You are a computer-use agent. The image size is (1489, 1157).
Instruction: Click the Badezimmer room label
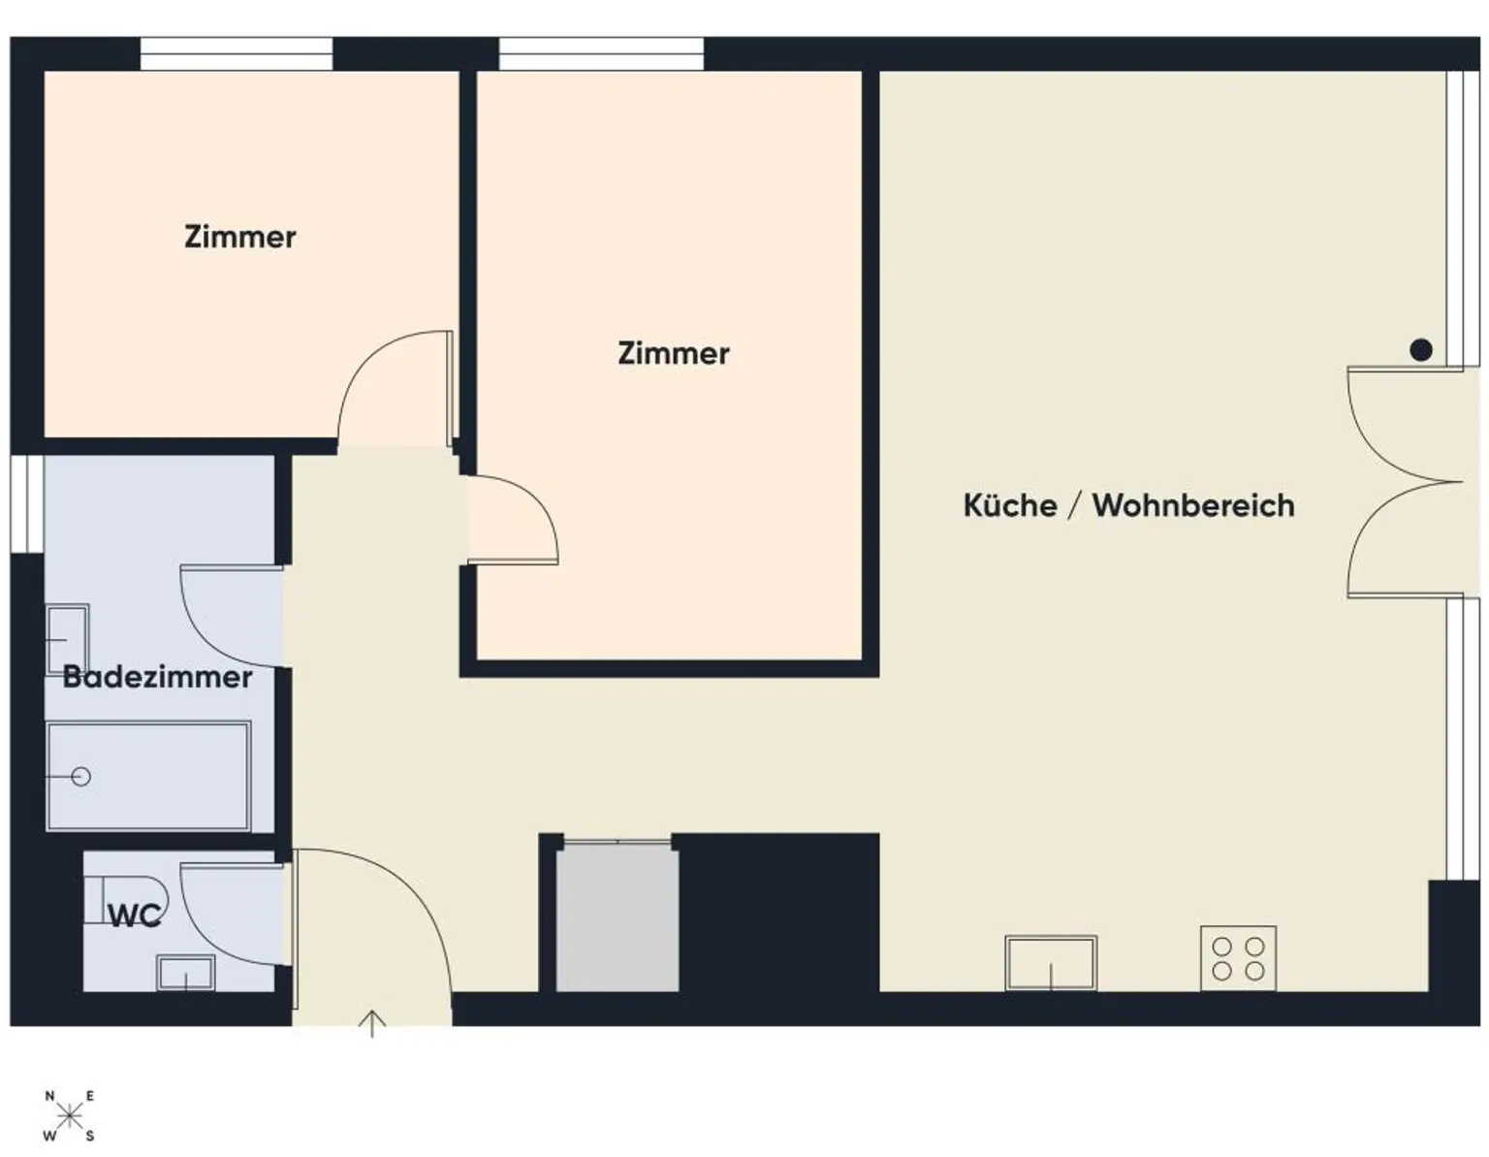coord(157,677)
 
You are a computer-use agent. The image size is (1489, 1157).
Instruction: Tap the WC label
coord(134,916)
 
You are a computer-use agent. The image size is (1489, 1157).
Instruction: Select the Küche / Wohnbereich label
coord(1128,505)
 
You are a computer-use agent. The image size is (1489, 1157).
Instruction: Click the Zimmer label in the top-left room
coord(239,237)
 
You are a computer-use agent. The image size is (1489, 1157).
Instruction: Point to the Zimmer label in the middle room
coord(673,353)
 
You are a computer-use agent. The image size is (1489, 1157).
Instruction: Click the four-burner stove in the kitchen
coord(1238,958)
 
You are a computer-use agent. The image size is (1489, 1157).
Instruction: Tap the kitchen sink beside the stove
coord(1051,962)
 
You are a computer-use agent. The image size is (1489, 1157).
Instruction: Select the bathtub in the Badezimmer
coord(148,776)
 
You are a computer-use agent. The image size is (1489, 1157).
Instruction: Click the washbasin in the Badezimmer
coord(67,639)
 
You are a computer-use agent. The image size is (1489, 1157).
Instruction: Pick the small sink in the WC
coord(185,973)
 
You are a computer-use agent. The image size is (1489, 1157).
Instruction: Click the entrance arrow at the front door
coord(372,1023)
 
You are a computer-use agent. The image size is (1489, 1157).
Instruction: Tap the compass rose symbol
coord(69,1115)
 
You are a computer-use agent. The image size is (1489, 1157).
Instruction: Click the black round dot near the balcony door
coord(1420,350)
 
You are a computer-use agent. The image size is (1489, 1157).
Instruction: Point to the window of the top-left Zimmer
coord(237,54)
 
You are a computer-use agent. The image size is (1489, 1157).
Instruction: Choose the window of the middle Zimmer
coord(601,54)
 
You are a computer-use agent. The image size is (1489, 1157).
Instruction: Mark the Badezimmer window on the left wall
coord(27,504)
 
